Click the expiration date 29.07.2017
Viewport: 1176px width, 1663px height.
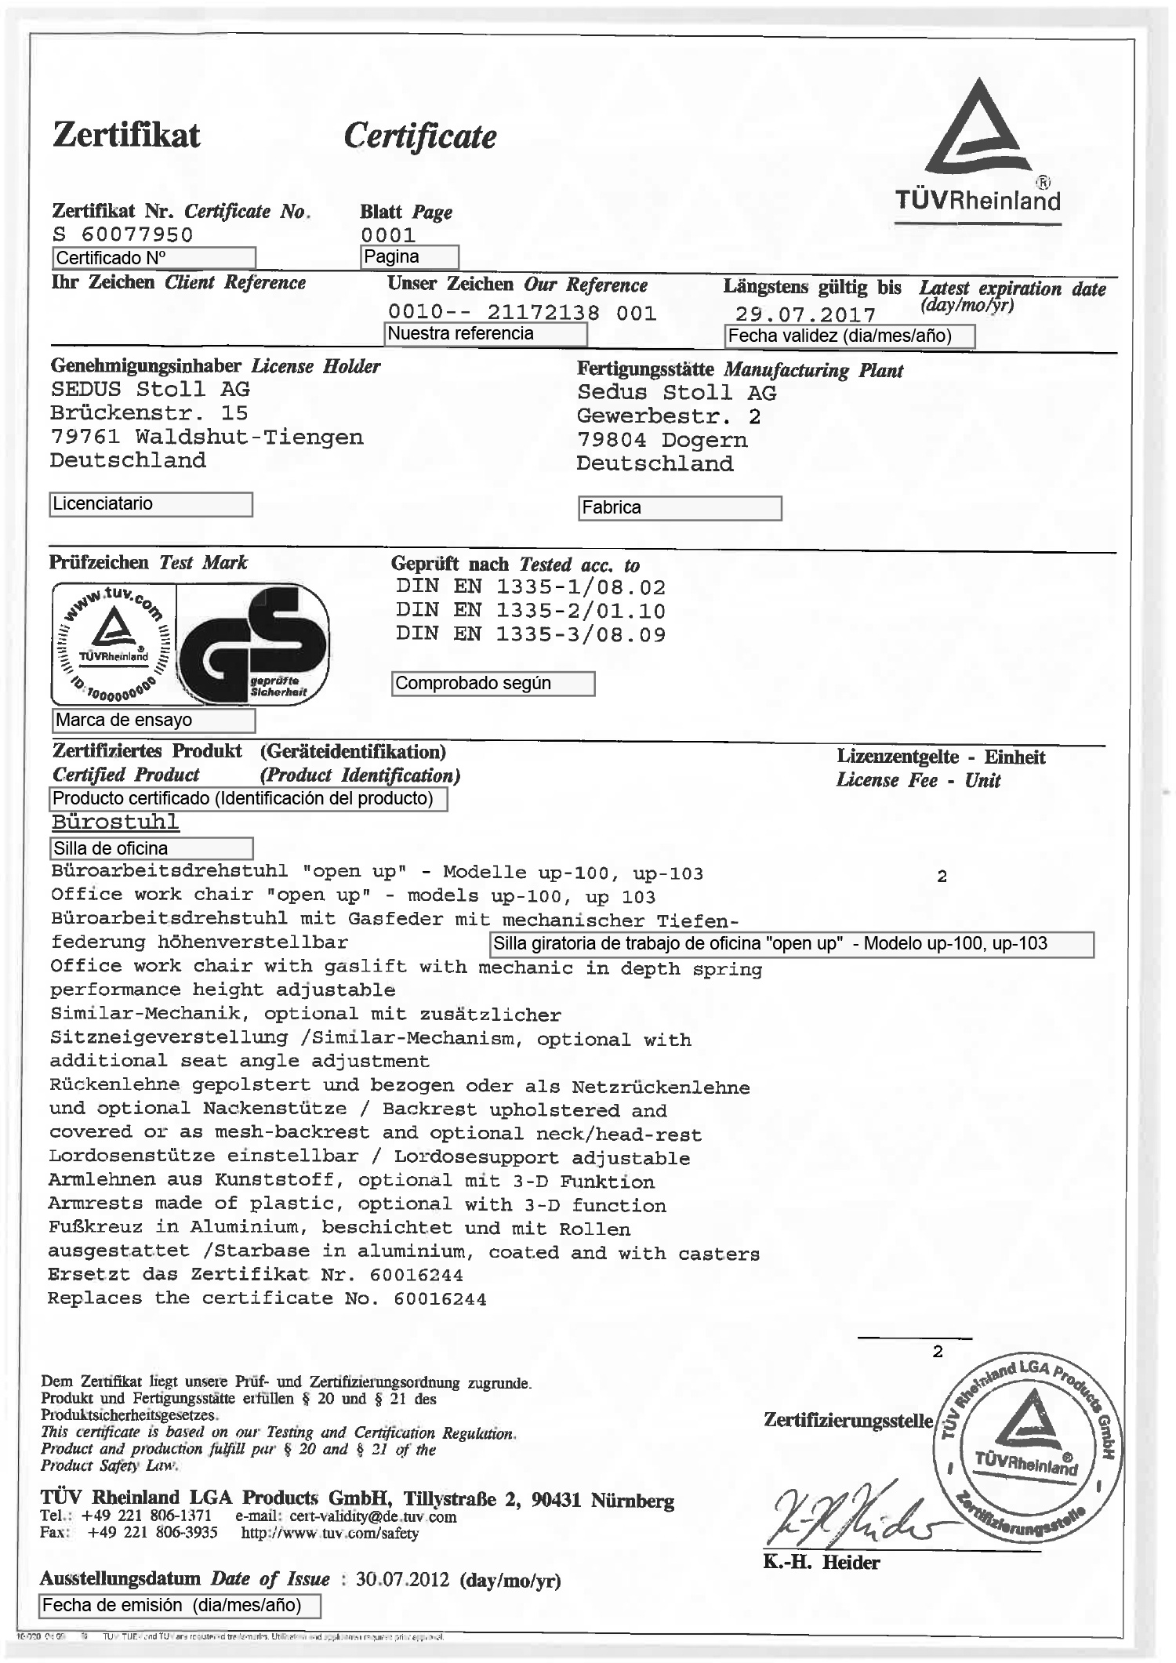click(x=805, y=314)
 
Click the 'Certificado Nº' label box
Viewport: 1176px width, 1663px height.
click(x=154, y=258)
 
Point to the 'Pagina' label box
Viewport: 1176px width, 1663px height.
click(x=409, y=257)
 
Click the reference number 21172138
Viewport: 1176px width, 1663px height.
click(x=543, y=313)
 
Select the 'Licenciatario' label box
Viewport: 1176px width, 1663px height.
click(x=151, y=504)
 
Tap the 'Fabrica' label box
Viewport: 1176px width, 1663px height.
click(x=680, y=508)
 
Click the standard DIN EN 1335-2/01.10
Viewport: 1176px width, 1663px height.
click(x=531, y=611)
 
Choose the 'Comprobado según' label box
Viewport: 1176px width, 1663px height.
click(x=492, y=684)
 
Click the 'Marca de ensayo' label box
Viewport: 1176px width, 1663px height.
click(x=154, y=720)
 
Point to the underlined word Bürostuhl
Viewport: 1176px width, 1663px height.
click(x=115, y=822)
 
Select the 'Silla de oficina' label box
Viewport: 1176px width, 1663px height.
click(x=152, y=848)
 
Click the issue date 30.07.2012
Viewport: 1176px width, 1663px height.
click(x=402, y=1578)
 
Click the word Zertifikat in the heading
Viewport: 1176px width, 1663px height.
click(x=126, y=134)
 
